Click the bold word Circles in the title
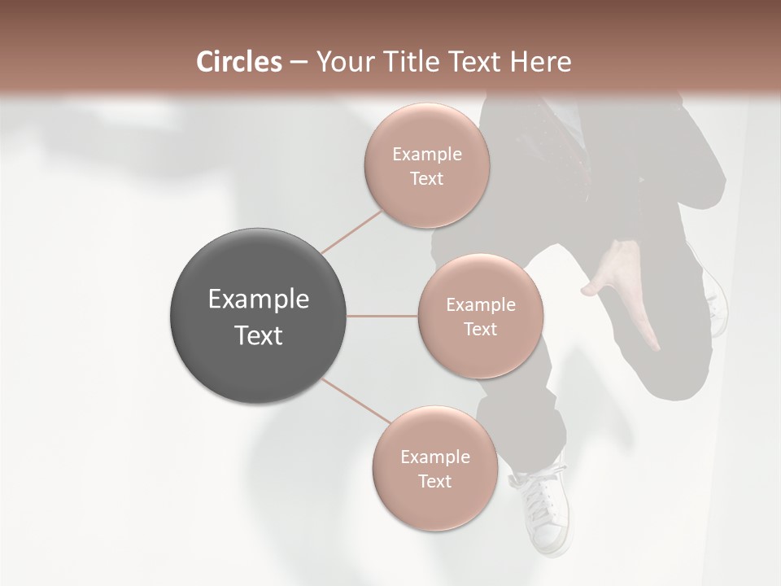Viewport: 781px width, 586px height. click(238, 62)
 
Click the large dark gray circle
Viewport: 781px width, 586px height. click(259, 316)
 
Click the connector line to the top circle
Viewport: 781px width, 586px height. click(352, 232)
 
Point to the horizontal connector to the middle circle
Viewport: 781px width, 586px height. click(382, 316)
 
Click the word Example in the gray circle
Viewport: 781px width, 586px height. click(259, 300)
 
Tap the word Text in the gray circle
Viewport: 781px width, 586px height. click(259, 335)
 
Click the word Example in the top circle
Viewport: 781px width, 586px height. click(427, 155)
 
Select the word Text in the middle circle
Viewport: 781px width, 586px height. click(480, 330)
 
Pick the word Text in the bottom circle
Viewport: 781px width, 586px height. click(434, 481)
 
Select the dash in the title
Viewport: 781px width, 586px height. click(299, 62)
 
